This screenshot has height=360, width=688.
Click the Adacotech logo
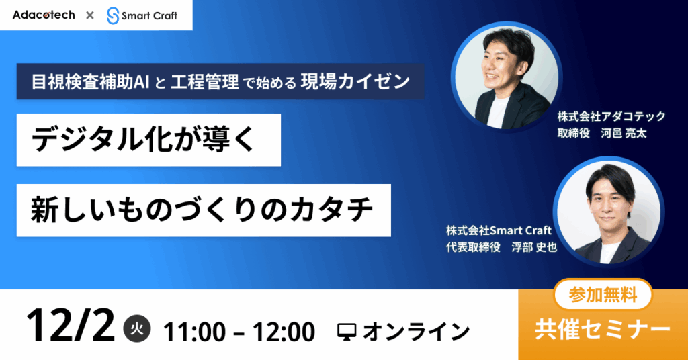click(44, 15)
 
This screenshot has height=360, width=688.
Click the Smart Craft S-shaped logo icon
click(113, 16)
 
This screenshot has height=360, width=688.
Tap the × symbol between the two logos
click(90, 16)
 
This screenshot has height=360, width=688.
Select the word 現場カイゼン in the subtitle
click(355, 81)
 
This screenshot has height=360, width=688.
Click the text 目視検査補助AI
click(91, 81)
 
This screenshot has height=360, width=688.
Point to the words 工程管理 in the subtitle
click(204, 81)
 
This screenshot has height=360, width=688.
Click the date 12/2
click(70, 326)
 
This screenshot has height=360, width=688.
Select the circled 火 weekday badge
click(137, 329)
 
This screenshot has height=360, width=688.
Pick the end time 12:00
click(284, 332)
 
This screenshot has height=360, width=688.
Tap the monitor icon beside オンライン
click(347, 332)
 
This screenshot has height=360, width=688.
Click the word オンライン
click(416, 332)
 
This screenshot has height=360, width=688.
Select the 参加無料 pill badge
click(603, 295)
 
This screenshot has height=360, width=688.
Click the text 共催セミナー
click(603, 330)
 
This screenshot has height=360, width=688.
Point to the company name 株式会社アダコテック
click(611, 116)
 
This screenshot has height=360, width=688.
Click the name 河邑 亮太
click(623, 133)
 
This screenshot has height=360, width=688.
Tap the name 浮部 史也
click(534, 247)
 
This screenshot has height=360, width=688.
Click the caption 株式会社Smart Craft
click(499, 230)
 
